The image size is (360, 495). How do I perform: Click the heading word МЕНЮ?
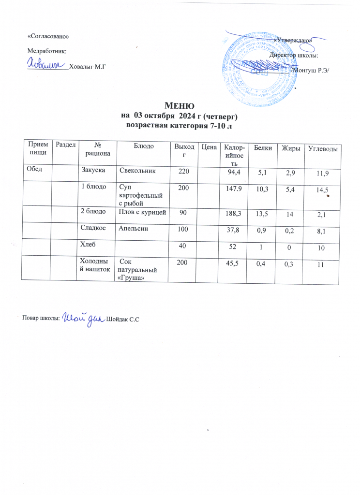coord(180,105)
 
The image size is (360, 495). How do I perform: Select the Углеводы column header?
coord(323,147)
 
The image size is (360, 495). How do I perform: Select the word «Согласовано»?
coord(45,37)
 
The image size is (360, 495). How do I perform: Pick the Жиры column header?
coord(292,147)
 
